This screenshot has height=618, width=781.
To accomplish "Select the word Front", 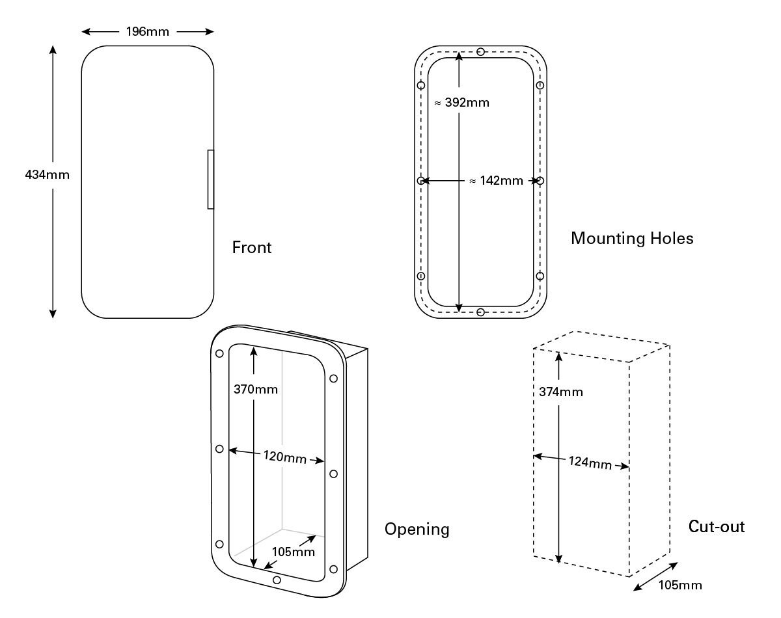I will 252,248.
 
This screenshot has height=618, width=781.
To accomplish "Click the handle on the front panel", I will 210,180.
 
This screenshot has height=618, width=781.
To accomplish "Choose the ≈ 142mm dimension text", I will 496,181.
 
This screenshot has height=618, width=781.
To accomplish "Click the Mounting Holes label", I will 632,238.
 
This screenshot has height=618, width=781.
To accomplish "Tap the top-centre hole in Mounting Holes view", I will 480,52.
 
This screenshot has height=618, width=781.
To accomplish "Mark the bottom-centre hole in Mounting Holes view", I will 480,313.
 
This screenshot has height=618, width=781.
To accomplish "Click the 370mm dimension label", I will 256,390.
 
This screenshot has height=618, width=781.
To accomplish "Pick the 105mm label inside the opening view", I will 293,552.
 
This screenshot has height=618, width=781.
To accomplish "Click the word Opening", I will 417,530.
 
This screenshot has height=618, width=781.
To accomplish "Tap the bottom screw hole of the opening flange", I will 277,580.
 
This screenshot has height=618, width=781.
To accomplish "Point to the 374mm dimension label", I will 561,392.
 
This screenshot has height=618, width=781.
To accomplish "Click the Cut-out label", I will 717,526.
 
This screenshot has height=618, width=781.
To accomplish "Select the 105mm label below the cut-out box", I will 680,585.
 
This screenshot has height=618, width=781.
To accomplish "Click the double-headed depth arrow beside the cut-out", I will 655,577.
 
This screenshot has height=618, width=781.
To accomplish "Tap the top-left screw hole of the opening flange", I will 219,353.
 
